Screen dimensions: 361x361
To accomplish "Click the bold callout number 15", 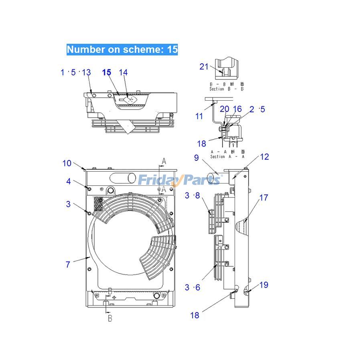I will pyautogui.click(x=106, y=72).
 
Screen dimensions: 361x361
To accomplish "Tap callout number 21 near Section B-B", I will pyautogui.click(x=204, y=66).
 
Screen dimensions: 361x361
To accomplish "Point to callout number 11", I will pyautogui.click(x=199, y=116).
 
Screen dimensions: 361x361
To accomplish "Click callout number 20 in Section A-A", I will pyautogui.click(x=225, y=109).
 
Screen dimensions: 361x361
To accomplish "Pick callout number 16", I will pyautogui.click(x=237, y=109).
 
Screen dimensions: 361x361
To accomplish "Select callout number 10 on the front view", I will pyautogui.click(x=67, y=163).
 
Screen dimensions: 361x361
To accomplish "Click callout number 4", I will pyautogui.click(x=69, y=181).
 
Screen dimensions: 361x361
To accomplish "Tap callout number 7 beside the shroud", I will pyautogui.click(x=68, y=264).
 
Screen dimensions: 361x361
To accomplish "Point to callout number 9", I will pyautogui.click(x=196, y=158).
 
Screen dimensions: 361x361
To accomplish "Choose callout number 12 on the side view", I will pyautogui.click(x=264, y=157).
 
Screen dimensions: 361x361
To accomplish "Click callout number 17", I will pyautogui.click(x=264, y=198).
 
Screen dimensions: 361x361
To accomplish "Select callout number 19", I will pyautogui.click(x=264, y=285).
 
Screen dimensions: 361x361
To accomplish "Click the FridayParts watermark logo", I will pyautogui.click(x=179, y=180).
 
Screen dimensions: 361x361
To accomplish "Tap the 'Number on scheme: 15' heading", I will pyautogui.click(x=122, y=49).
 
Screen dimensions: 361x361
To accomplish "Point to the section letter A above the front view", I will pyautogui.click(x=163, y=161).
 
